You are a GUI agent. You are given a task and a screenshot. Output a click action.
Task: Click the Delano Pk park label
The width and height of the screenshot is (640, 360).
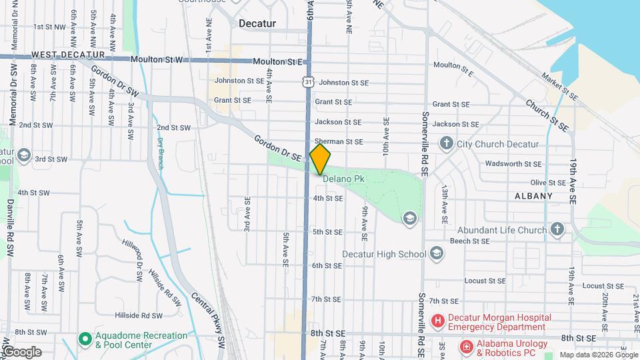click(343, 179)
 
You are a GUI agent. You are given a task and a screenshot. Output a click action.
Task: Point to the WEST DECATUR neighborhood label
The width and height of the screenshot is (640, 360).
click(68, 54)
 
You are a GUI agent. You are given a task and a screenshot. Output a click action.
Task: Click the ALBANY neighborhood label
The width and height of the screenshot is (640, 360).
click(533, 196)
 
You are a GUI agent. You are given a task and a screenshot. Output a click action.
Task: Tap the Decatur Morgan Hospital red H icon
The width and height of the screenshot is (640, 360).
click(438, 321)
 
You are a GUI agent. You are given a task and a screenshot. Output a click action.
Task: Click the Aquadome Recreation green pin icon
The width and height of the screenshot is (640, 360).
click(85, 339)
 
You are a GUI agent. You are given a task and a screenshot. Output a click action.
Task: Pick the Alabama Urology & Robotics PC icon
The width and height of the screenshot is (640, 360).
click(466, 347)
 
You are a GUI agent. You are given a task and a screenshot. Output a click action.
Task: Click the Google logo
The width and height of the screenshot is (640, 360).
click(22, 351)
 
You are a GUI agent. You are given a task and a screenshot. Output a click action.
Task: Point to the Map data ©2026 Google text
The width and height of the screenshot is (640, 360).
click(597, 355)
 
